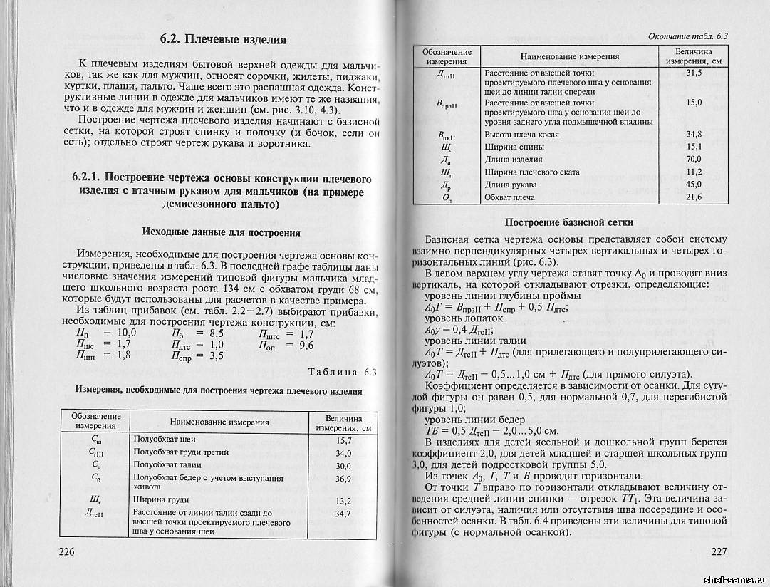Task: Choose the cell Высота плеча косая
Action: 521,134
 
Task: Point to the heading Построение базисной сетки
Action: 568,222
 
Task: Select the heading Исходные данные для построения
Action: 221,232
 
